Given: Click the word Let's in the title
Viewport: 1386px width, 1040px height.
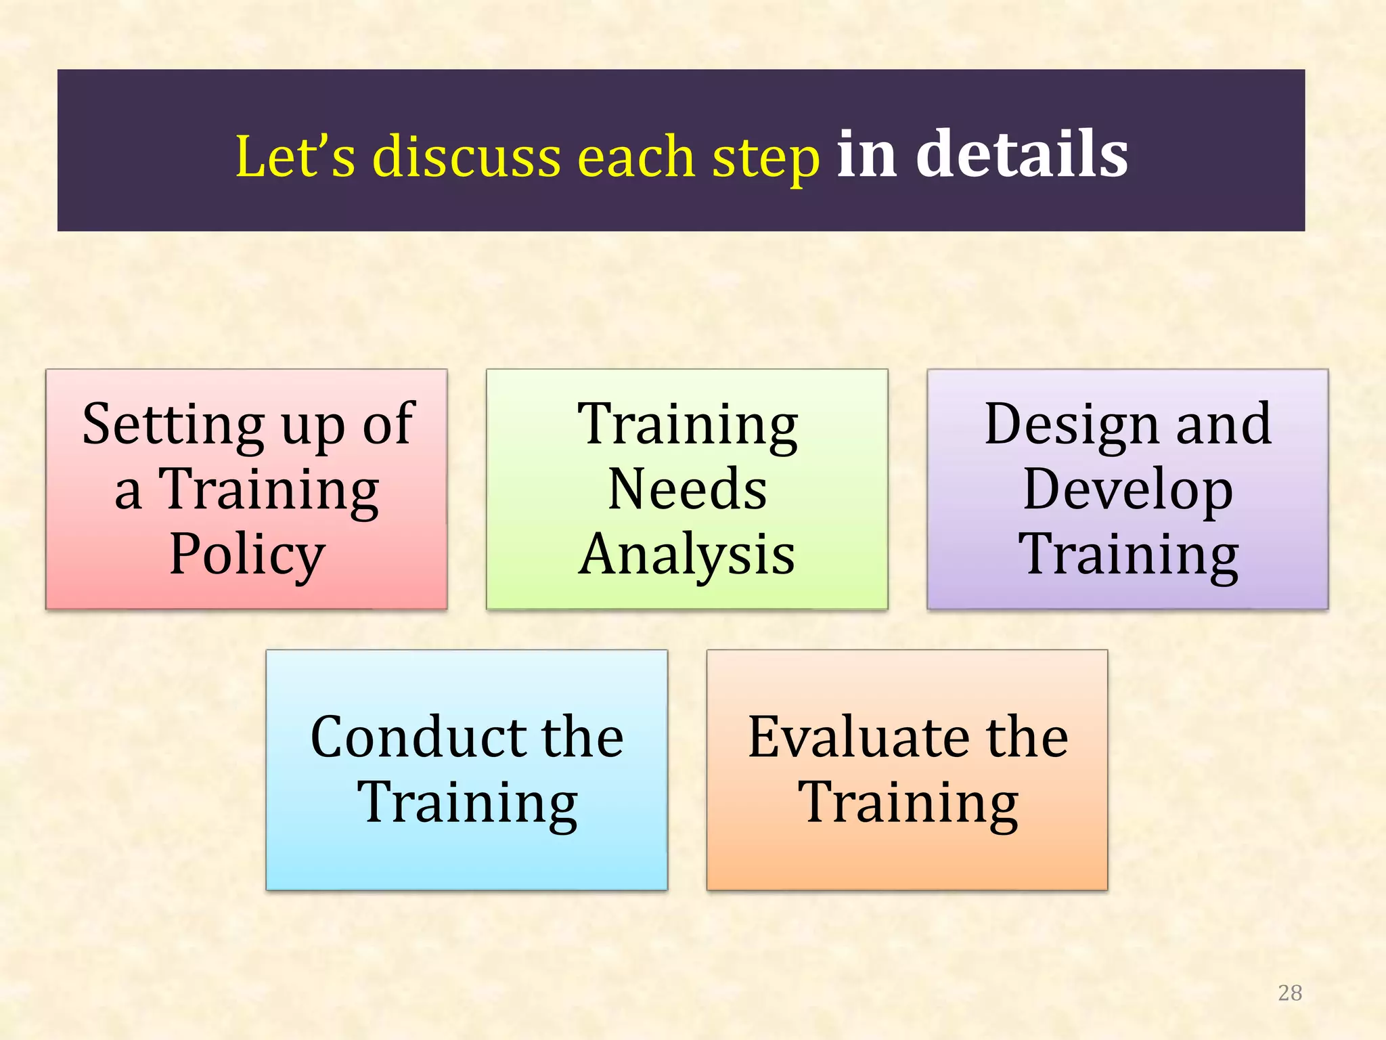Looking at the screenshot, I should (295, 156).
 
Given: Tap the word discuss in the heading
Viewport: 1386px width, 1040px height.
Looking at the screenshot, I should (467, 156).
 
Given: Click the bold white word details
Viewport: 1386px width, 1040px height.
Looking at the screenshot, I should (1022, 155).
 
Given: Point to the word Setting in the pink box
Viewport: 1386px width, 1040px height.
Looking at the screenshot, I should (173, 425).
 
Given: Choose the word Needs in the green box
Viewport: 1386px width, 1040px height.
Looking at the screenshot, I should (687, 490).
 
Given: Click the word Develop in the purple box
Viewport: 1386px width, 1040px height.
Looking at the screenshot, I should (1127, 490).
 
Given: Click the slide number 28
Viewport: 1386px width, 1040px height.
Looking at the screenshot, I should (1290, 993).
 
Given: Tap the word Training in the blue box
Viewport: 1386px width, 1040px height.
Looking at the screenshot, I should (467, 804).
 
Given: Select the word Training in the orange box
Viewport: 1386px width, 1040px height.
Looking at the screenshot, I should (908, 804).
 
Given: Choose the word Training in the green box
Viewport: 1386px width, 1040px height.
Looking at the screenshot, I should (687, 425).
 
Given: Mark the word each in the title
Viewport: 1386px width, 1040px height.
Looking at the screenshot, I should (636, 156).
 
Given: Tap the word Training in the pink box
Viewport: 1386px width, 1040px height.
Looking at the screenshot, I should (268, 490).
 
